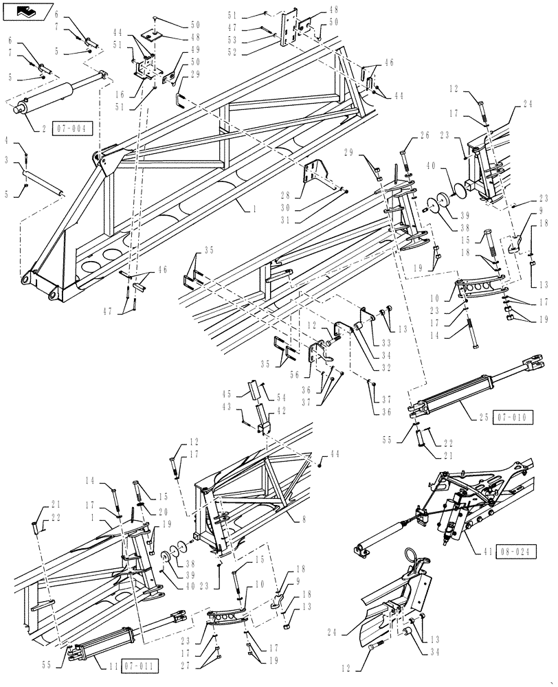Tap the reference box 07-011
[x=139, y=666]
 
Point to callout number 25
[x=483, y=416]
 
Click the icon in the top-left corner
[x=27, y=10]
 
